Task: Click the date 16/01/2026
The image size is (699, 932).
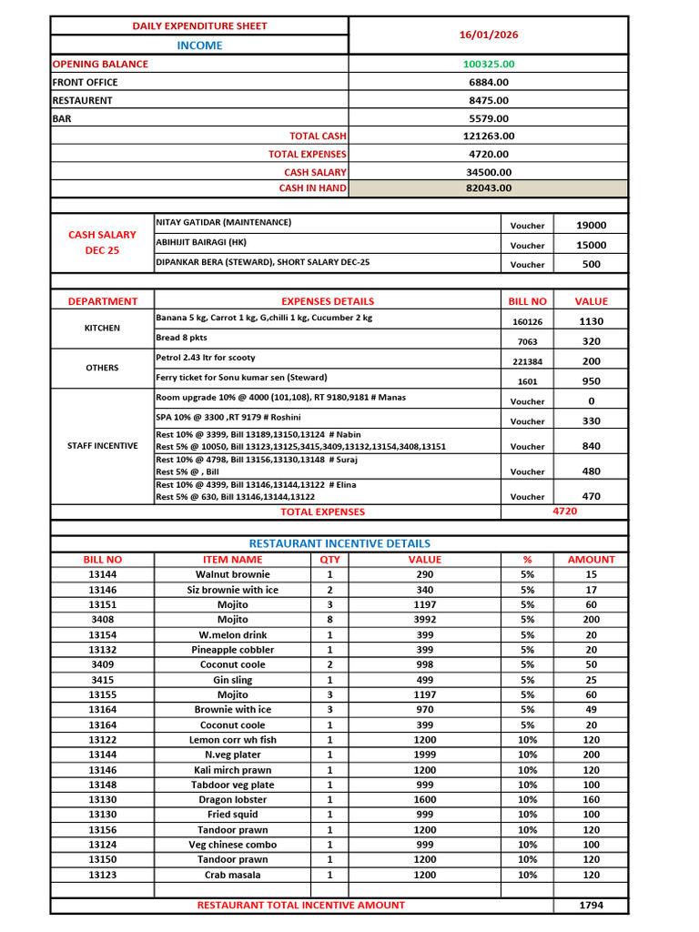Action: (x=488, y=35)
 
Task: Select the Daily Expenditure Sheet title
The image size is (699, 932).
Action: (x=200, y=25)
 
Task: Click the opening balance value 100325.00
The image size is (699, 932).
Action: (x=488, y=65)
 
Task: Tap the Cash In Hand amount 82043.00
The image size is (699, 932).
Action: (x=488, y=188)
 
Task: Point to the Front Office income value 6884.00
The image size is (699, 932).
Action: (x=488, y=83)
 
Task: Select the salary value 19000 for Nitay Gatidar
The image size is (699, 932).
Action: (x=591, y=226)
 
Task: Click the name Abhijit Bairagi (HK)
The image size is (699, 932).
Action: (x=201, y=242)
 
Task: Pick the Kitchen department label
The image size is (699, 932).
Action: (x=102, y=328)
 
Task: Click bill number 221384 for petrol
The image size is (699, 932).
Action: (x=527, y=361)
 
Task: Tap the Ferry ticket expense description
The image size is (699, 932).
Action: (x=241, y=377)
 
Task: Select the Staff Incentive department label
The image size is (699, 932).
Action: (x=102, y=446)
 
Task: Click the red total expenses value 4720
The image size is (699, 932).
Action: (x=564, y=512)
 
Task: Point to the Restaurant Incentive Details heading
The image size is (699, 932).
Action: (x=339, y=543)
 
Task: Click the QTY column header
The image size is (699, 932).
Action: (x=329, y=560)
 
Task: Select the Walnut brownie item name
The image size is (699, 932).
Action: (x=232, y=574)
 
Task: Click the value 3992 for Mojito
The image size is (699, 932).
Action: (x=424, y=620)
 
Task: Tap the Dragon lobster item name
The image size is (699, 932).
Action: (x=232, y=799)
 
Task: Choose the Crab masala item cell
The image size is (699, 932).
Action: (x=232, y=875)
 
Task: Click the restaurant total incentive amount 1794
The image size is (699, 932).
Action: (x=590, y=906)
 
